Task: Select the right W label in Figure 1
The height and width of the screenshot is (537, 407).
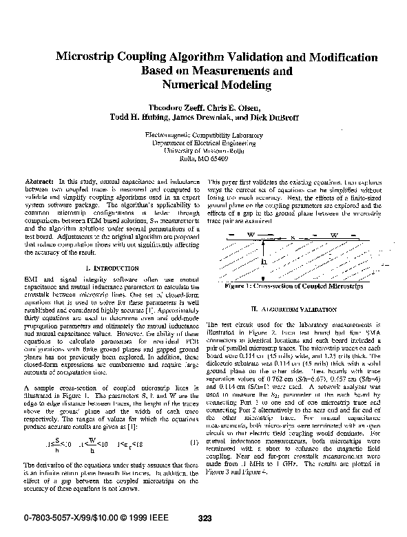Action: click(x=333, y=235)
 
